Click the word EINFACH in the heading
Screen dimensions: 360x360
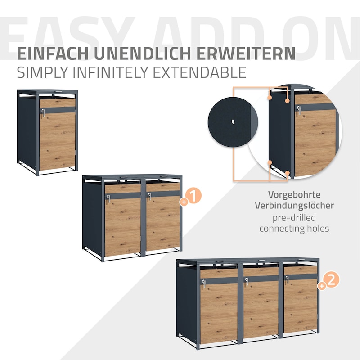click(x=53, y=54)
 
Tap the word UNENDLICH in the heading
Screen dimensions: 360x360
click(x=142, y=54)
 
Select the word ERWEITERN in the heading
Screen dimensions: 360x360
click(x=246, y=54)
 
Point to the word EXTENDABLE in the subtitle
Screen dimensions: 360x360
click(x=199, y=72)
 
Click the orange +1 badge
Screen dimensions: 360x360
click(x=191, y=197)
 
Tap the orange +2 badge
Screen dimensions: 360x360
click(x=329, y=280)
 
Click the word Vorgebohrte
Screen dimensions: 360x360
click(x=294, y=195)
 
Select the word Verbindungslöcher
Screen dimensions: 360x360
click(x=294, y=205)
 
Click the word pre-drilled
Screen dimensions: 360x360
click(x=294, y=218)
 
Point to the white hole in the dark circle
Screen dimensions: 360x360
click(x=233, y=121)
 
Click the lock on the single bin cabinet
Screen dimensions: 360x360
click(x=43, y=112)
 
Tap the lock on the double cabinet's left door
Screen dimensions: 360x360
click(x=108, y=198)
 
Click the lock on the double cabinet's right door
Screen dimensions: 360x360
click(x=149, y=196)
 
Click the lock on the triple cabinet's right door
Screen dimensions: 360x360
click(x=287, y=279)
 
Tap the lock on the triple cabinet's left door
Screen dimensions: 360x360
click(x=204, y=283)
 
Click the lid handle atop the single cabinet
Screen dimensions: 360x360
click(x=58, y=92)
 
